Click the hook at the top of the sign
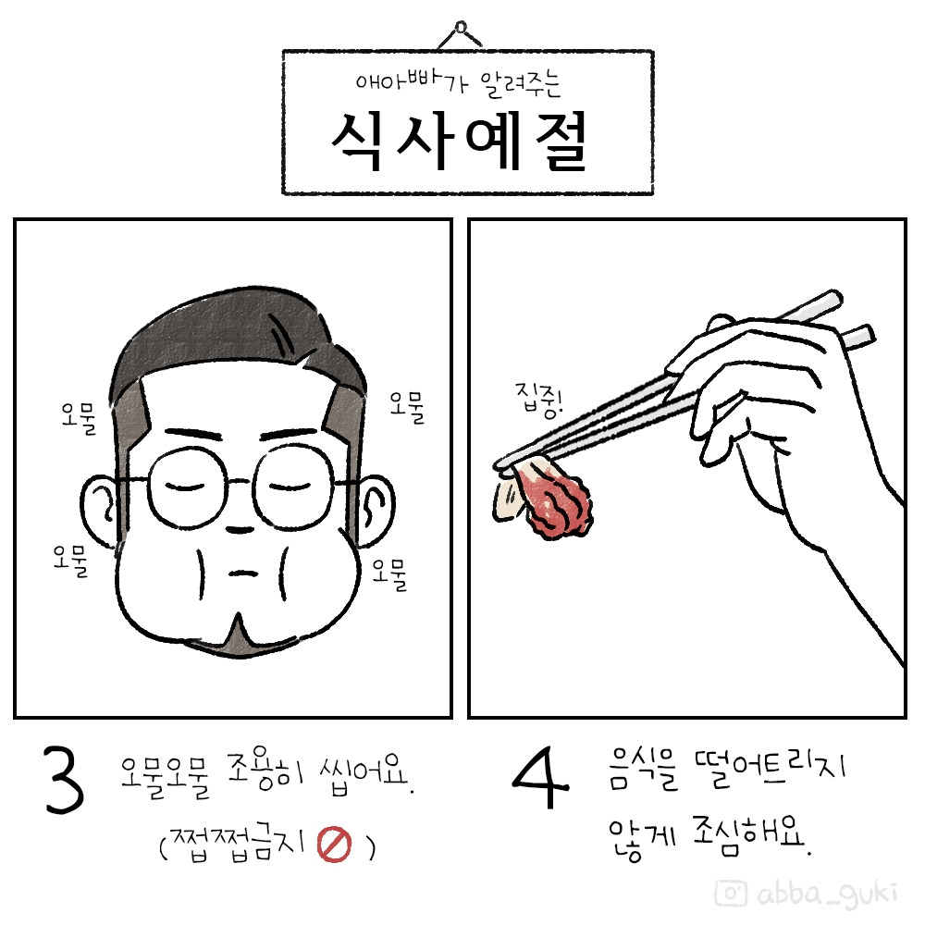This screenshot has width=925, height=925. [459, 31]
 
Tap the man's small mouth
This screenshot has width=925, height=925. [239, 571]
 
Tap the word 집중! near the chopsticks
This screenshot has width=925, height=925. [536, 404]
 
